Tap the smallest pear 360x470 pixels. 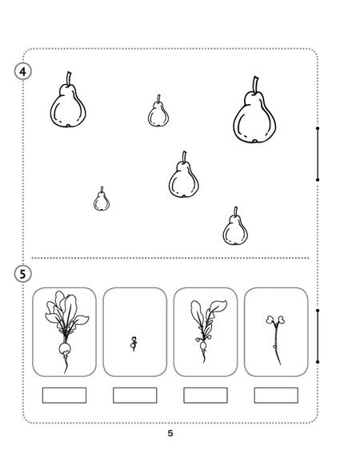(102, 201)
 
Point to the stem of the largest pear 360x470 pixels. (255, 85)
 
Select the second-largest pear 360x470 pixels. (68, 105)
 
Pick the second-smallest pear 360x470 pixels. (158, 114)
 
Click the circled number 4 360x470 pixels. (22, 72)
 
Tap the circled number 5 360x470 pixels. (22, 274)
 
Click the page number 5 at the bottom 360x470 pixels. (170, 433)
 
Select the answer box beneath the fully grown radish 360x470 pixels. (64, 396)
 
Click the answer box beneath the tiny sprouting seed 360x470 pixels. (135, 396)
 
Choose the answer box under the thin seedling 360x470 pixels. (276, 396)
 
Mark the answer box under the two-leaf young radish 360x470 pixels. (206, 396)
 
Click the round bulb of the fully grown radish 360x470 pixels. (65, 348)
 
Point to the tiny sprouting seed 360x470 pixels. (134, 343)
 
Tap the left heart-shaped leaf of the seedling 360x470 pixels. (270, 319)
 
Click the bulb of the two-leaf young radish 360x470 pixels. (203, 346)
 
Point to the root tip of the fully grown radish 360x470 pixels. (66, 372)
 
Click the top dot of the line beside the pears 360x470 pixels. (318, 128)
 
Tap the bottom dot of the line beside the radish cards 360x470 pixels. (318, 362)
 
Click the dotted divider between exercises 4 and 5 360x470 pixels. (170, 258)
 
